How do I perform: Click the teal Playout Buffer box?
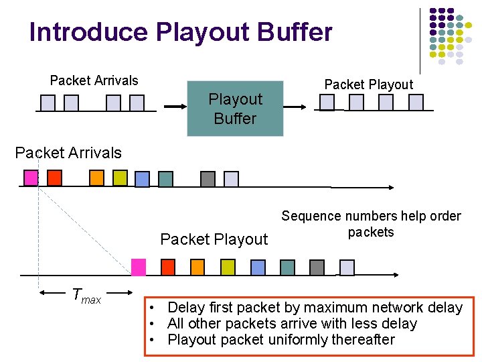[x=235, y=109]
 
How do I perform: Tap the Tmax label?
[x=86, y=296]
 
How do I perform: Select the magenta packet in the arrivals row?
[x=31, y=178]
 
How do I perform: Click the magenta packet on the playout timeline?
[x=139, y=267]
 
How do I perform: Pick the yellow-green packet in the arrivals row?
[x=120, y=178]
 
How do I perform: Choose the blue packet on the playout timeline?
[x=258, y=267]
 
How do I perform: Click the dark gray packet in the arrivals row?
[x=208, y=179]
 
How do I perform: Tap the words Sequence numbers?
[x=325, y=216]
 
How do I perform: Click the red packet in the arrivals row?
[x=54, y=178]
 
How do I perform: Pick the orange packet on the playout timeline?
[x=197, y=267]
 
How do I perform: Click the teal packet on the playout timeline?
[x=287, y=267]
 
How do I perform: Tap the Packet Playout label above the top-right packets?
[x=369, y=84]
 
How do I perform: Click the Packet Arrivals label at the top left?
[x=94, y=80]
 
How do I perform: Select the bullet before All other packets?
[x=153, y=324]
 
